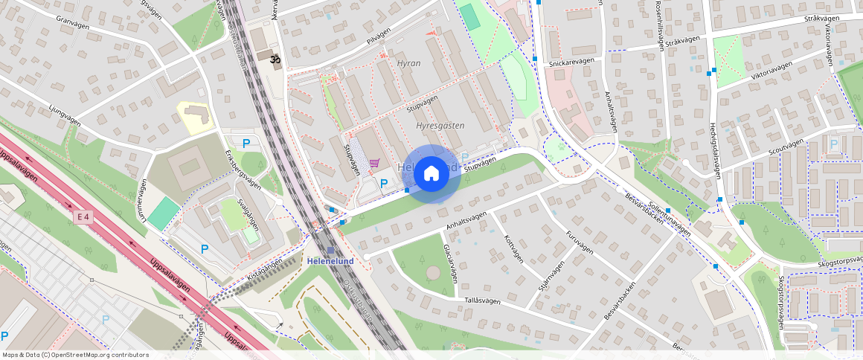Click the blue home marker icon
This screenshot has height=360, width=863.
tap(431, 174)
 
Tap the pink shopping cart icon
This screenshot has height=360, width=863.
tap(375, 163)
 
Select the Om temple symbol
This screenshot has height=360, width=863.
tap(275, 58)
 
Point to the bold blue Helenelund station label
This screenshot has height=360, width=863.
tap(330, 261)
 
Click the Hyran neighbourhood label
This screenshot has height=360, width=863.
tap(408, 63)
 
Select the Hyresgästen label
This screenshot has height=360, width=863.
tap(440, 126)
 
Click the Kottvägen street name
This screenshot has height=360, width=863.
tap(514, 249)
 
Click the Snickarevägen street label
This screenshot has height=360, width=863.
tap(568, 64)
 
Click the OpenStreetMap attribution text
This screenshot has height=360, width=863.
tap(74, 355)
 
